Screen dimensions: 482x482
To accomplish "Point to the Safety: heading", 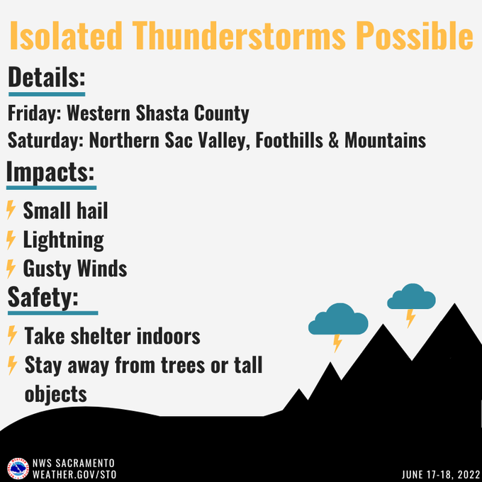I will tap(43, 298).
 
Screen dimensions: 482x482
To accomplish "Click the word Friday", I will tap(30, 113).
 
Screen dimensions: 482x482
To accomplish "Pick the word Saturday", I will tap(44, 140).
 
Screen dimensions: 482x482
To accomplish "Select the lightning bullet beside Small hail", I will tap(11, 211).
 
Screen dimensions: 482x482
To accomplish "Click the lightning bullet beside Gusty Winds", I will tap(11, 269).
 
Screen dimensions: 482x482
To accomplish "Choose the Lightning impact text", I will tap(63, 240).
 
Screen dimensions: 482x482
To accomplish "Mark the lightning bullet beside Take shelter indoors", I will tap(11, 335).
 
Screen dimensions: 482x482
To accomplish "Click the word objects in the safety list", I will tap(55, 393).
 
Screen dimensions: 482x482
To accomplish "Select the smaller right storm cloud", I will tap(411, 297).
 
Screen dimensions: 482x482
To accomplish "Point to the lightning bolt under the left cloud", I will tap(337, 343).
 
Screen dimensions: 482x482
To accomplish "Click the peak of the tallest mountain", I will tap(453, 306).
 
